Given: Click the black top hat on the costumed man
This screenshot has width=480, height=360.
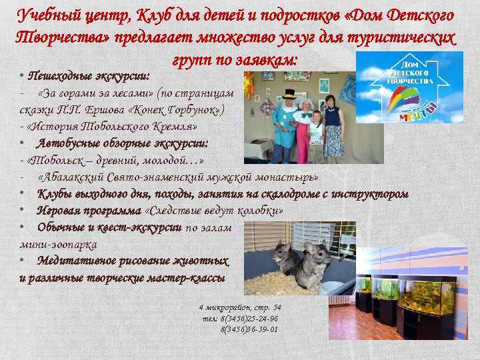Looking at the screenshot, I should (x=291, y=94).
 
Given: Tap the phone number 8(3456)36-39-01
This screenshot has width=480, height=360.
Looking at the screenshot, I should (x=249, y=329).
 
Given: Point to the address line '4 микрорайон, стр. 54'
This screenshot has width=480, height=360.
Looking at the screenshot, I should (x=240, y=307).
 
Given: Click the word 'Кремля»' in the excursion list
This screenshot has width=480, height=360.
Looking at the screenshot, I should (x=176, y=127).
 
